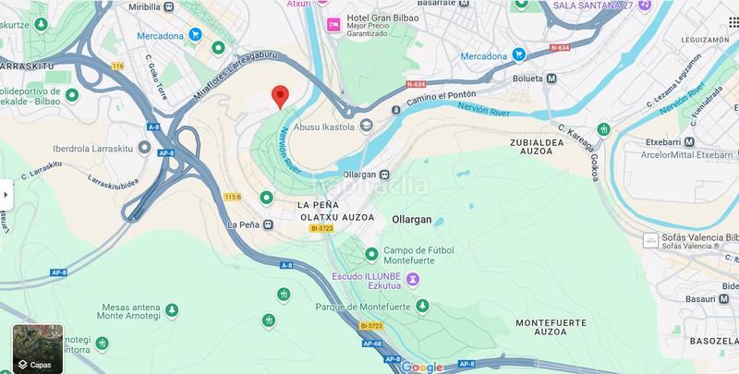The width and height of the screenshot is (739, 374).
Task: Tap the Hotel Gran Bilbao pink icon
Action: [x=333, y=23]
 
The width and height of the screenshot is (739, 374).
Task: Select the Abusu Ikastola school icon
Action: [x=366, y=126]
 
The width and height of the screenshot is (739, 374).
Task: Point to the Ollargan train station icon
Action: [x=385, y=175]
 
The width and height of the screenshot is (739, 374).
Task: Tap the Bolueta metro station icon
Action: [x=551, y=78]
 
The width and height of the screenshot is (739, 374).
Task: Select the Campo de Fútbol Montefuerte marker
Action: [x=370, y=253]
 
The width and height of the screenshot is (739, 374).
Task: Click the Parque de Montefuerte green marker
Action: [x=422, y=306]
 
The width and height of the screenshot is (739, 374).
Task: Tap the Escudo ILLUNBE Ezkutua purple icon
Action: [x=413, y=278]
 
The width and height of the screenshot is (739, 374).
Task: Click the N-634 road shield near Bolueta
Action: [x=560, y=47]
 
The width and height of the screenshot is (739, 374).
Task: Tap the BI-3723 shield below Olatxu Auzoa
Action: [x=321, y=228]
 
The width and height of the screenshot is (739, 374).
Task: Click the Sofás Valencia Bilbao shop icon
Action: [x=649, y=239]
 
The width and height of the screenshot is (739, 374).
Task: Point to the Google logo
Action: [x=422, y=367]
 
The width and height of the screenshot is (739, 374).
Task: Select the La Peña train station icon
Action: [x=266, y=224]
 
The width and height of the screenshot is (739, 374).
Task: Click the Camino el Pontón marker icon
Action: [x=396, y=110]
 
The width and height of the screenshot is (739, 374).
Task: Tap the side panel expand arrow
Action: [x=6, y=194]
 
